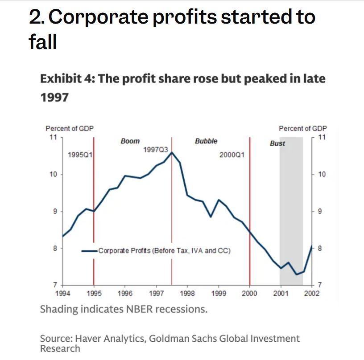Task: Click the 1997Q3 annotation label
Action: [x=155, y=150]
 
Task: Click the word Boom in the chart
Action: [x=130, y=141]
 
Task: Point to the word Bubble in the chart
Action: [x=206, y=141]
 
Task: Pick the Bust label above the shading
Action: [x=277, y=143]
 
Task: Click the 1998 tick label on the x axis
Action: [x=187, y=293]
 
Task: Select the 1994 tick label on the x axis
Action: [x=62, y=293]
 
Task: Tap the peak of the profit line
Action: [x=172, y=152]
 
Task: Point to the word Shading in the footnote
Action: [x=57, y=309]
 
